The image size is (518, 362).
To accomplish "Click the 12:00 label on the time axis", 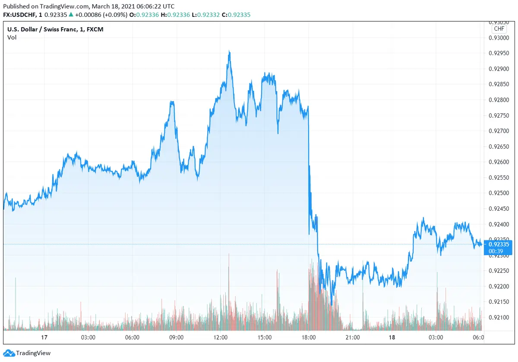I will [220, 337].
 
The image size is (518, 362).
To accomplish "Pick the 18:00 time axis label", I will [309, 337].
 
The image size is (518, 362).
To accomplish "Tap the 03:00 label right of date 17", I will [88, 337].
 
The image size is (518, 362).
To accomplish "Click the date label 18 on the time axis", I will [392, 337].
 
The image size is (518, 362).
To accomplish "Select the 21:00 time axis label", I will [353, 337].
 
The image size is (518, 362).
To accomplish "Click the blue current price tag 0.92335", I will [500, 244].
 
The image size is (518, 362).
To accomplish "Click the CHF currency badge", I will [499, 29].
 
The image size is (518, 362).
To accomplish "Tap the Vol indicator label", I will [12, 37].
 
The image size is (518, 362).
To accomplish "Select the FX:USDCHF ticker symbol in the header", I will [19, 15].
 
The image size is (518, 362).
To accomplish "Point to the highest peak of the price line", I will [229, 51].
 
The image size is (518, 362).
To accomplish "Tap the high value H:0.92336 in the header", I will [171, 15].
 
